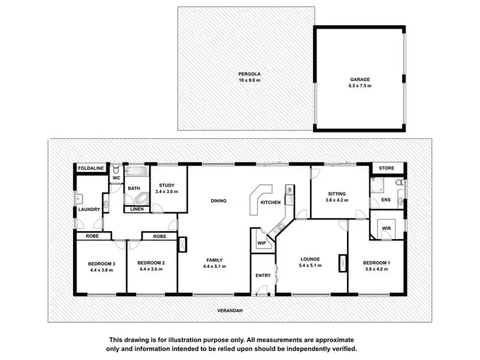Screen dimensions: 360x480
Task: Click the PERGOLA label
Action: pos(246,75)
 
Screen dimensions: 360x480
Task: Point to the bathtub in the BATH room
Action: pos(136,172)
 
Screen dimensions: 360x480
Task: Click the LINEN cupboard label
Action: pos(137,209)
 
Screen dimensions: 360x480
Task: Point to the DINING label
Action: pos(219,201)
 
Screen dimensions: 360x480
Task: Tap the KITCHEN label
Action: pos(270,203)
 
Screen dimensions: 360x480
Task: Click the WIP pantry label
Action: pos(261,243)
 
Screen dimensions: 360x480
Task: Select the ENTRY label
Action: pos(262,276)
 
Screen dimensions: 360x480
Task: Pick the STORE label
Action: pos(387,169)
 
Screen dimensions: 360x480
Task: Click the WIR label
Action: pos(386,227)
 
